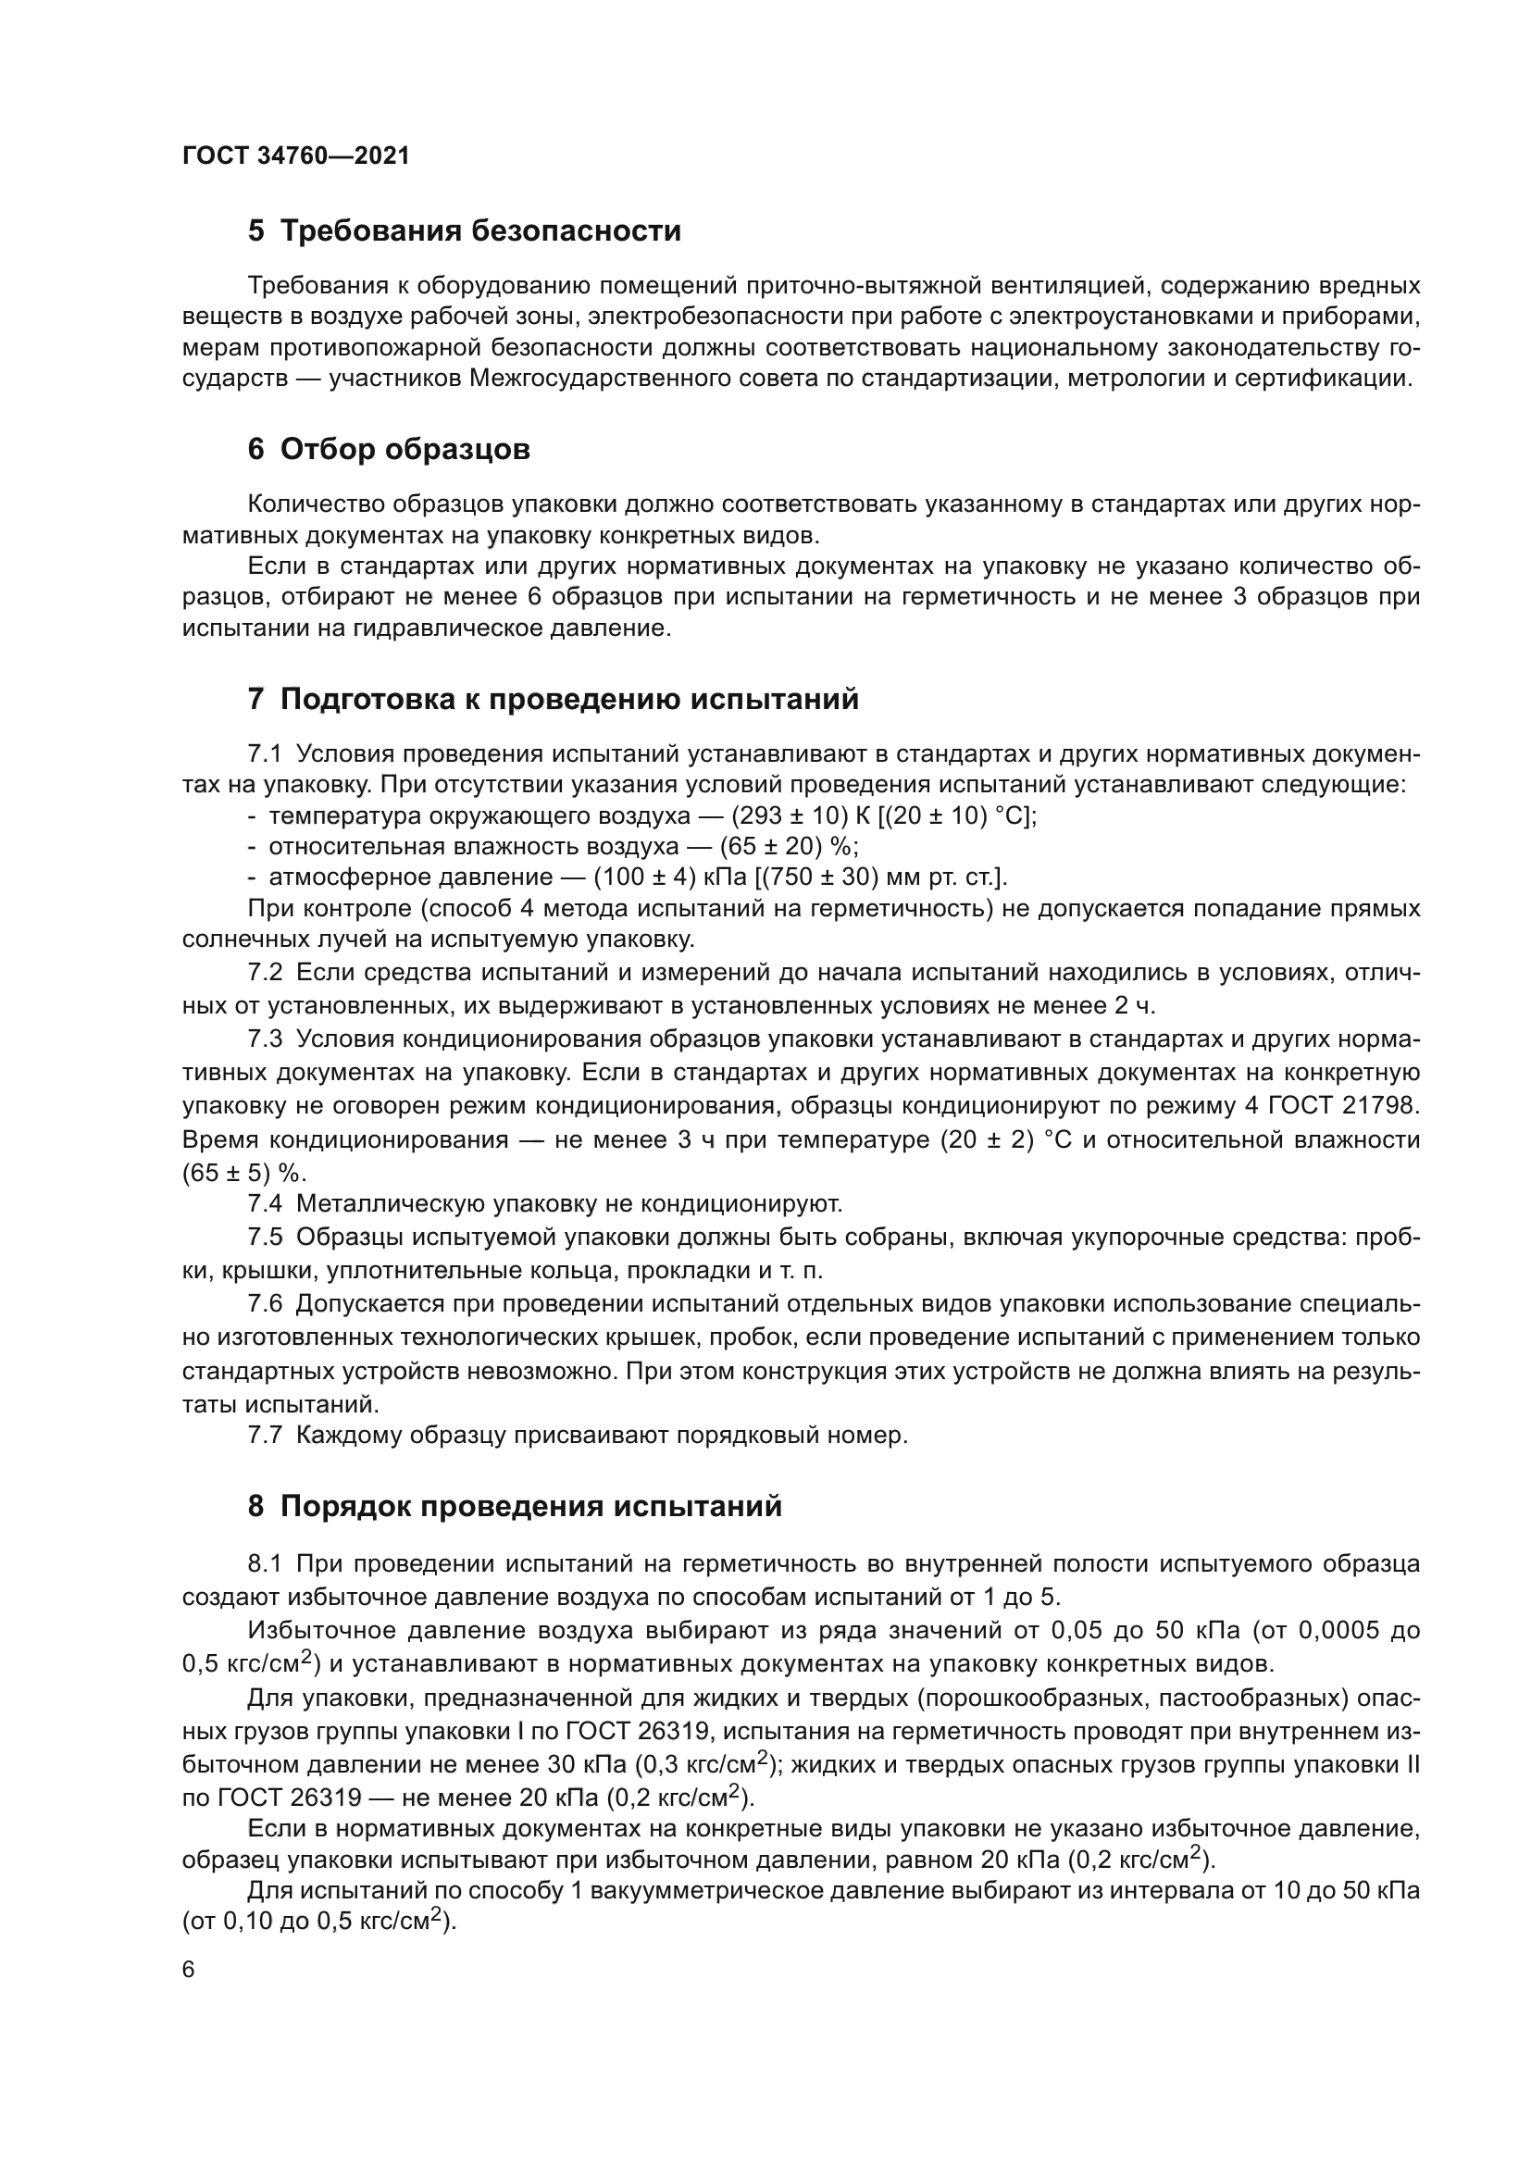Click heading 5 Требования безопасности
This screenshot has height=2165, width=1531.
click(464, 231)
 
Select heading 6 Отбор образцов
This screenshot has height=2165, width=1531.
click(389, 450)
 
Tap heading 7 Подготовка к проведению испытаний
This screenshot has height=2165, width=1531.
click(554, 700)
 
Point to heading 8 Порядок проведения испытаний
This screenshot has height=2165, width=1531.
click(515, 1507)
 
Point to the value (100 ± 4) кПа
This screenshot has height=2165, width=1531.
click(670, 877)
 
